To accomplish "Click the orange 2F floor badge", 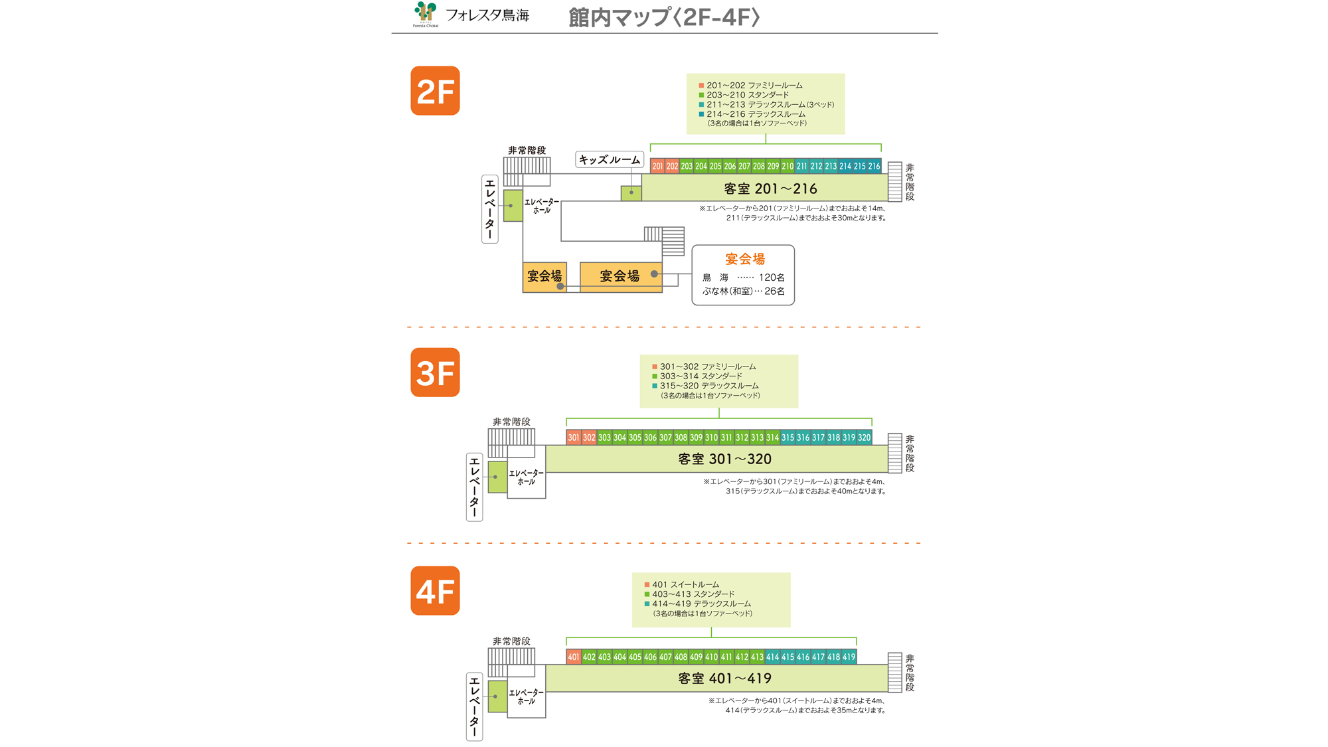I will pyautogui.click(x=435, y=91).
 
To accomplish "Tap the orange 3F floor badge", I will pyautogui.click(x=435, y=373).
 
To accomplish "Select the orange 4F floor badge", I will pyautogui.click(x=435, y=591).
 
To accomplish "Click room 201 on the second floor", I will pyautogui.click(x=657, y=167).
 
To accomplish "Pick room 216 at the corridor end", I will pyautogui.click(x=874, y=167).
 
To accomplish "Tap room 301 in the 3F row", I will pyautogui.click(x=574, y=438).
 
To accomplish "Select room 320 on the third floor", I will pyautogui.click(x=864, y=438).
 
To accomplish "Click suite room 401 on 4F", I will pyautogui.click(x=574, y=657).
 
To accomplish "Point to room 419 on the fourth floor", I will pyautogui.click(x=849, y=657).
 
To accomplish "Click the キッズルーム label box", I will pyautogui.click(x=610, y=159).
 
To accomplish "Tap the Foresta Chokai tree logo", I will pyautogui.click(x=426, y=13).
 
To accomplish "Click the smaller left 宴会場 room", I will pyautogui.click(x=544, y=276).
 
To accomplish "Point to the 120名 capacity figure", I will pyautogui.click(x=772, y=278).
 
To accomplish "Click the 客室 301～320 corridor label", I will pyautogui.click(x=724, y=459).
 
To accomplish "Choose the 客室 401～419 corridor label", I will pyautogui.click(x=724, y=678).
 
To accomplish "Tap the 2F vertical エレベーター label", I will pyautogui.click(x=490, y=208).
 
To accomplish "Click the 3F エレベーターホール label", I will pyautogui.click(x=526, y=477).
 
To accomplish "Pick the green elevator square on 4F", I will pyautogui.click(x=497, y=697).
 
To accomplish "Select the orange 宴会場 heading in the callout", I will pyautogui.click(x=744, y=259).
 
